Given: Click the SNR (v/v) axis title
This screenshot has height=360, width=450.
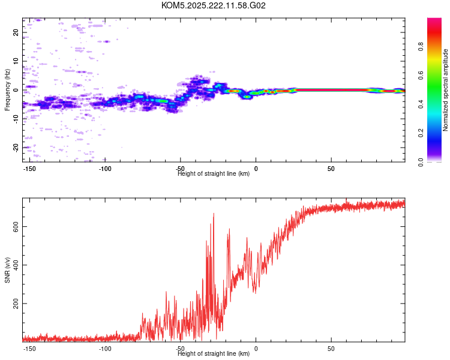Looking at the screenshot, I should (x=7, y=270).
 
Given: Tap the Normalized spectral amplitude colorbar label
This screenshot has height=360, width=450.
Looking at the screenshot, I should (x=446, y=90).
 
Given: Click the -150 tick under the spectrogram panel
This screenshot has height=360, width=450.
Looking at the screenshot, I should (x=30, y=169).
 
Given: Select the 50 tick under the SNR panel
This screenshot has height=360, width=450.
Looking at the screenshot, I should (x=331, y=349).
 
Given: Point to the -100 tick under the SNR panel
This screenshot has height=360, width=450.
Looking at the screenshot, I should (x=105, y=349).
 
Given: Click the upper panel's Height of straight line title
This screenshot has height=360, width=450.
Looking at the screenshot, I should (x=214, y=174).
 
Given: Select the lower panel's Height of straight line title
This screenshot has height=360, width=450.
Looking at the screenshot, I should (x=214, y=354).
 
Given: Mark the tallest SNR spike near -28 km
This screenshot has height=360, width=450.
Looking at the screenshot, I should (x=214, y=214).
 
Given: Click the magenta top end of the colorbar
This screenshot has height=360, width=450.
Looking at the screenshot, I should (x=434, y=21).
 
